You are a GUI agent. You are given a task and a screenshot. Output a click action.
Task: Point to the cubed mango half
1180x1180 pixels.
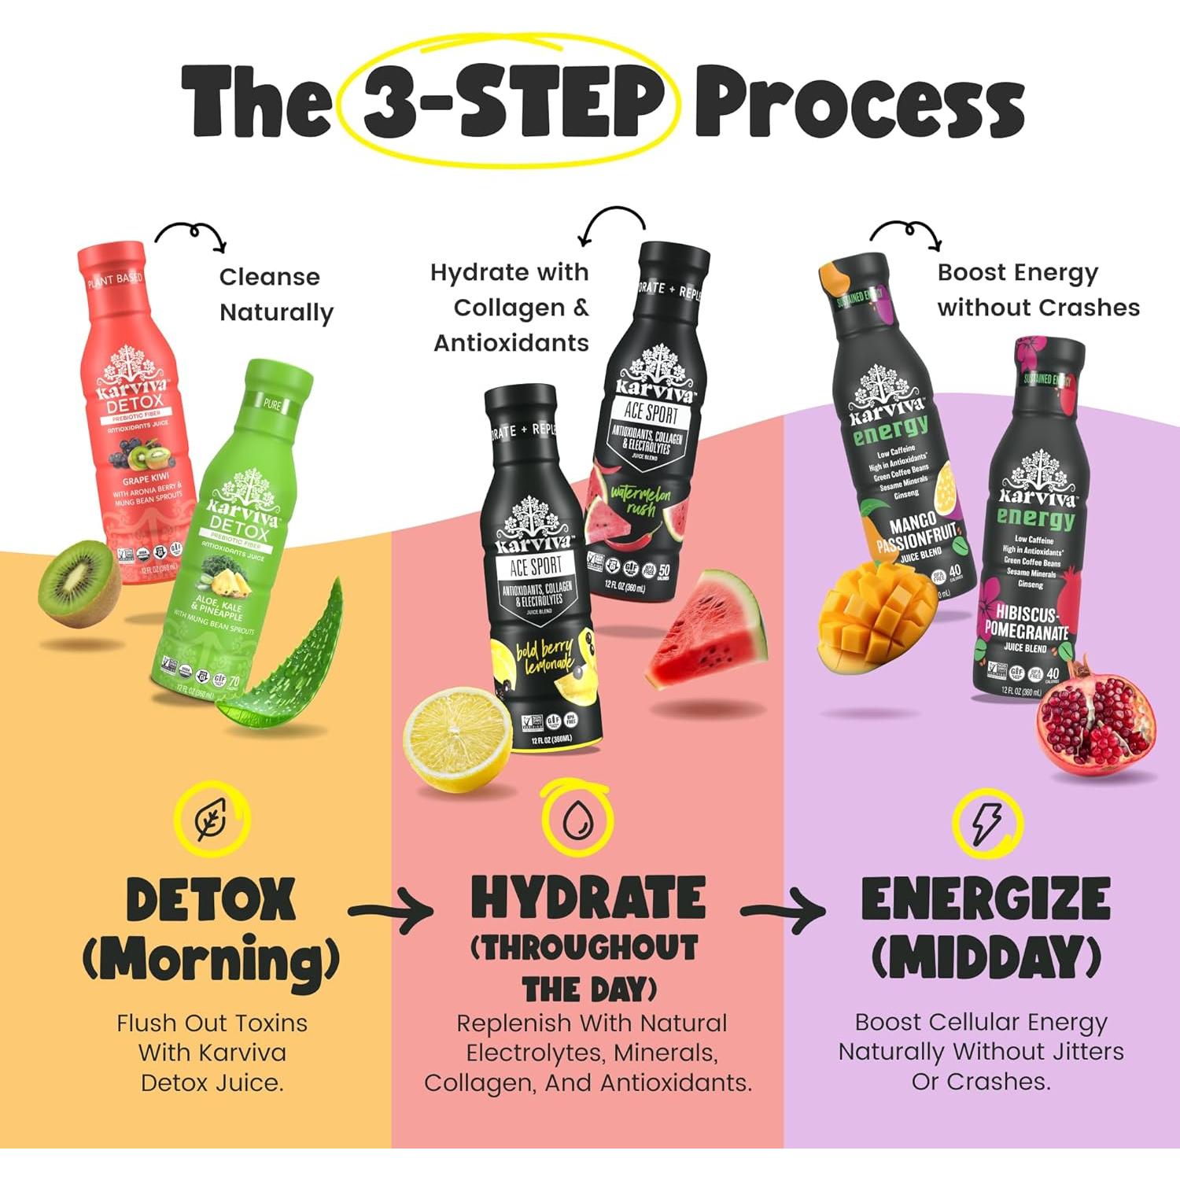[x=866, y=618]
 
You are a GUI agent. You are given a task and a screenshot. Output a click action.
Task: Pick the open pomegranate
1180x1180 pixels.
[x=1096, y=722]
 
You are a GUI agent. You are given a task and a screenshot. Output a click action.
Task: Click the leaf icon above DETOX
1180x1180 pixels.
[x=211, y=820]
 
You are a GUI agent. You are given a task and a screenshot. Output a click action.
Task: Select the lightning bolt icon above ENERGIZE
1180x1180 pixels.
[x=986, y=823]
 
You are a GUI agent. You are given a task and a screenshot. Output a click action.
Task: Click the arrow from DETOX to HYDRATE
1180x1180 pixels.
[x=391, y=911]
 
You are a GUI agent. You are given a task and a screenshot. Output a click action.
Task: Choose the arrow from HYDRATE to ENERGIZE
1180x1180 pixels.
[x=783, y=911]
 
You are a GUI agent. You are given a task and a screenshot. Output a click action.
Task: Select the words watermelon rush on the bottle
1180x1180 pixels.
[x=640, y=500]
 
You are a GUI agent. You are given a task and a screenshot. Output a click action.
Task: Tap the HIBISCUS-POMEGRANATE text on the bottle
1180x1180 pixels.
[x=1026, y=621]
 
